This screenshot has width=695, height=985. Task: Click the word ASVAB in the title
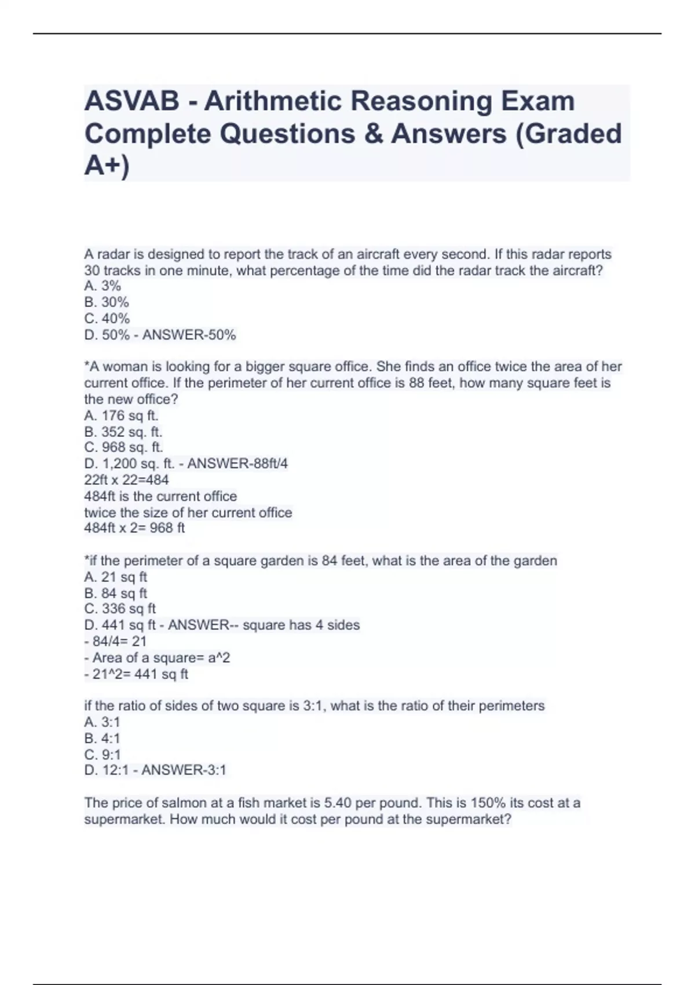click(x=132, y=101)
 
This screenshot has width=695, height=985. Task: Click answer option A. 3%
click(x=103, y=286)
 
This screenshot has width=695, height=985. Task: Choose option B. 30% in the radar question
click(x=107, y=302)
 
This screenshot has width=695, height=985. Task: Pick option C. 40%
click(x=107, y=318)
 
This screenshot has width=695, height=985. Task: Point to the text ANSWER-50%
click(x=189, y=335)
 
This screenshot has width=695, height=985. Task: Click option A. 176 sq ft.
click(x=122, y=415)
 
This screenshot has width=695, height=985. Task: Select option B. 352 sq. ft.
click(x=123, y=432)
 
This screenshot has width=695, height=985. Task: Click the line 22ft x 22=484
click(x=127, y=480)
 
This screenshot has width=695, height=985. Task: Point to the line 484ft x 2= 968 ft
click(x=134, y=528)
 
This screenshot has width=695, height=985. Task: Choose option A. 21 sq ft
click(x=116, y=577)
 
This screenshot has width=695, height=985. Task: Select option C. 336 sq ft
click(x=120, y=609)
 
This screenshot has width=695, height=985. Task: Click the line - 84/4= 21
click(x=115, y=641)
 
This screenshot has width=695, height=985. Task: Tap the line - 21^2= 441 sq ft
click(x=136, y=674)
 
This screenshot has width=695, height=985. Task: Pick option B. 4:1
click(x=102, y=738)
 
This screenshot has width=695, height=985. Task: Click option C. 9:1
click(x=103, y=754)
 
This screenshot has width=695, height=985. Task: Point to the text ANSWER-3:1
click(x=184, y=770)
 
